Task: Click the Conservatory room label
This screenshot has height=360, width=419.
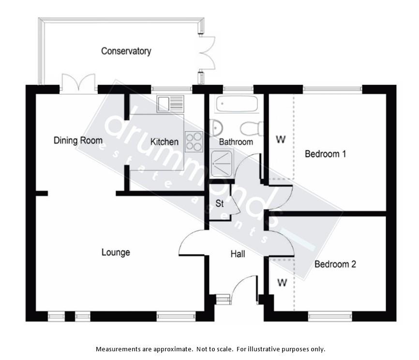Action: pyautogui.click(x=126, y=51)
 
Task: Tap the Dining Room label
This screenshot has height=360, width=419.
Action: pyautogui.click(x=78, y=140)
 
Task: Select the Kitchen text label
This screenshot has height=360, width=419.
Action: pyautogui.click(x=165, y=142)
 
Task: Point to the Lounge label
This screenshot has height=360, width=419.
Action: pyautogui.click(x=116, y=252)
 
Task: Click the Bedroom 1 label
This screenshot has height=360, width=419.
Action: pyautogui.click(x=326, y=154)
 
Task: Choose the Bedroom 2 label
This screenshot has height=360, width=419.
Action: pyautogui.click(x=335, y=264)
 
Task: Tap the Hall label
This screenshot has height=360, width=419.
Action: pyautogui.click(x=238, y=254)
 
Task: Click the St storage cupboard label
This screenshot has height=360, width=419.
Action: pyautogui.click(x=219, y=204)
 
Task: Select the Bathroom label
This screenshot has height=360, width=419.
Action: pyautogui.click(x=236, y=142)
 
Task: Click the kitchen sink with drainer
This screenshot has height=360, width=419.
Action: pyautogui.click(x=170, y=104)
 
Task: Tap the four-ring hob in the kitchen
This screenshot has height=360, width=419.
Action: pyautogui.click(x=194, y=142)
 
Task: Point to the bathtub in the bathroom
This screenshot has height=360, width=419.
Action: pyautogui.click(x=237, y=104)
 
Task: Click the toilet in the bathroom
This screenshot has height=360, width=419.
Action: pyautogui.click(x=252, y=129)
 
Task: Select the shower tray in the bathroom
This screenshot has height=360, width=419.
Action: pyautogui.click(x=222, y=163)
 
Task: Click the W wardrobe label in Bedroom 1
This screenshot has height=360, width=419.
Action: pyautogui.click(x=281, y=139)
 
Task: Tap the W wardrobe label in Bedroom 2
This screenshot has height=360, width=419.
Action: pyautogui.click(x=282, y=282)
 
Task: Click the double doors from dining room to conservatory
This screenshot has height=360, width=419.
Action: pyautogui.click(x=78, y=83)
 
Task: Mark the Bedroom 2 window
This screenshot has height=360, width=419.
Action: pyautogui.click(x=330, y=316)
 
